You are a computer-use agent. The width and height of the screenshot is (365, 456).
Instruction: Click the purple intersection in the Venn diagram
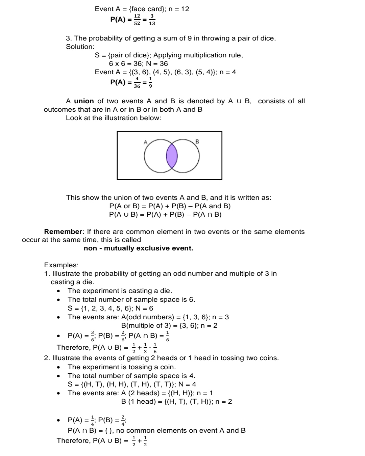172,156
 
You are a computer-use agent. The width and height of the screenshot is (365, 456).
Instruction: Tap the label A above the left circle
146,142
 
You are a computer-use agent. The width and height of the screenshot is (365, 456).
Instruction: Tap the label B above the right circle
197,142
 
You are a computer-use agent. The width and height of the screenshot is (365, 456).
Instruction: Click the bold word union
84,101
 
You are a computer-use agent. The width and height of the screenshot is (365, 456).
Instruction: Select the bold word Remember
63,232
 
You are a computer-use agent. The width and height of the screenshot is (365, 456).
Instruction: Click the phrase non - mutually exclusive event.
138,248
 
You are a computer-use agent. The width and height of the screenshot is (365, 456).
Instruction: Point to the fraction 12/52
137,19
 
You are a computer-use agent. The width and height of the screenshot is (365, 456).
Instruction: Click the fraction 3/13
152,19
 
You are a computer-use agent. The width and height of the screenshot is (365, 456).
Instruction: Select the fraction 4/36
137,82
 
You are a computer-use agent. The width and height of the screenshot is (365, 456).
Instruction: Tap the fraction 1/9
150,82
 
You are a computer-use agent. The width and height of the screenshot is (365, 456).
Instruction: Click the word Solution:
80,47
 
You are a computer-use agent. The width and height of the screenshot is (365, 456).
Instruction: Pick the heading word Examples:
61,265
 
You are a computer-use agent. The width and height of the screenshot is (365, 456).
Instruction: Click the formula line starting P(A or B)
170,206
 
